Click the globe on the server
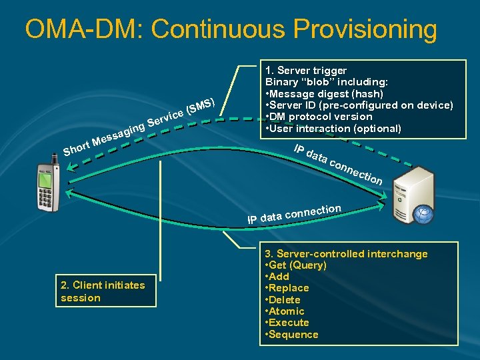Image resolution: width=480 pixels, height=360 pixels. pos(423,214)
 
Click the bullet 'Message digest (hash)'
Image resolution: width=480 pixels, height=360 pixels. pos(327,93)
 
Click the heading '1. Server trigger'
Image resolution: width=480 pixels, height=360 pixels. pos(306,70)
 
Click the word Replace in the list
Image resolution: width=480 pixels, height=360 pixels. pos(290,288)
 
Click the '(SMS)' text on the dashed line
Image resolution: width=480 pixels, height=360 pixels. pos(201,105)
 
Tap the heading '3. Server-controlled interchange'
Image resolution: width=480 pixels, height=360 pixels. pos(346,254)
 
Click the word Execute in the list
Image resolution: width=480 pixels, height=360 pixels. pos(290,323)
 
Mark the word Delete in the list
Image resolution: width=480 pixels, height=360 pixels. pos(286,300)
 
